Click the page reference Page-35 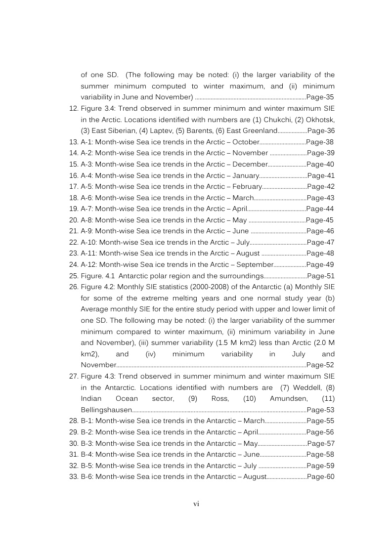pos(321,97)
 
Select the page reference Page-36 pos(321,130)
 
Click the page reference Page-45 pos(320,220)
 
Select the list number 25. pos(73,276)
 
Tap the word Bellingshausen pos(106,410)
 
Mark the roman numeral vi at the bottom pos(196,504)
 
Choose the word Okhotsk pos(320,120)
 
